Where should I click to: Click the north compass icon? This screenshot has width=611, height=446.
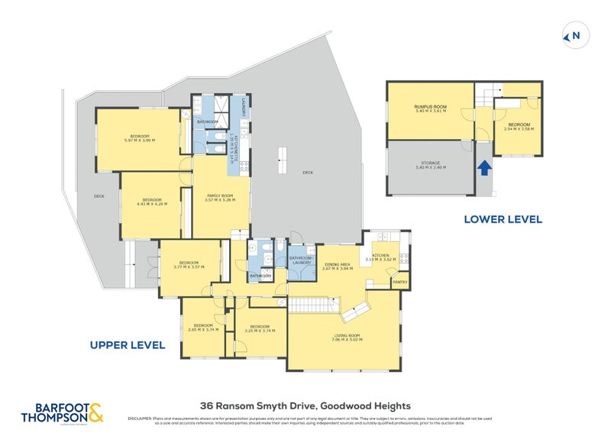(x=575, y=35)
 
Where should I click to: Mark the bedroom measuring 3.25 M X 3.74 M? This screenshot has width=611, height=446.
(x=260, y=328)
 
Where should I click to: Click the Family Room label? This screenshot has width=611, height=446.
(x=221, y=198)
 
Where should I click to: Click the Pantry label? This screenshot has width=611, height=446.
(x=399, y=282)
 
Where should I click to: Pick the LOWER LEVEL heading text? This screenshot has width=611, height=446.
(x=503, y=219)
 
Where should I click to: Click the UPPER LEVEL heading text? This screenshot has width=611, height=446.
(x=128, y=345)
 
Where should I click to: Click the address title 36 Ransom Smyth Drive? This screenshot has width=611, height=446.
(x=305, y=406)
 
